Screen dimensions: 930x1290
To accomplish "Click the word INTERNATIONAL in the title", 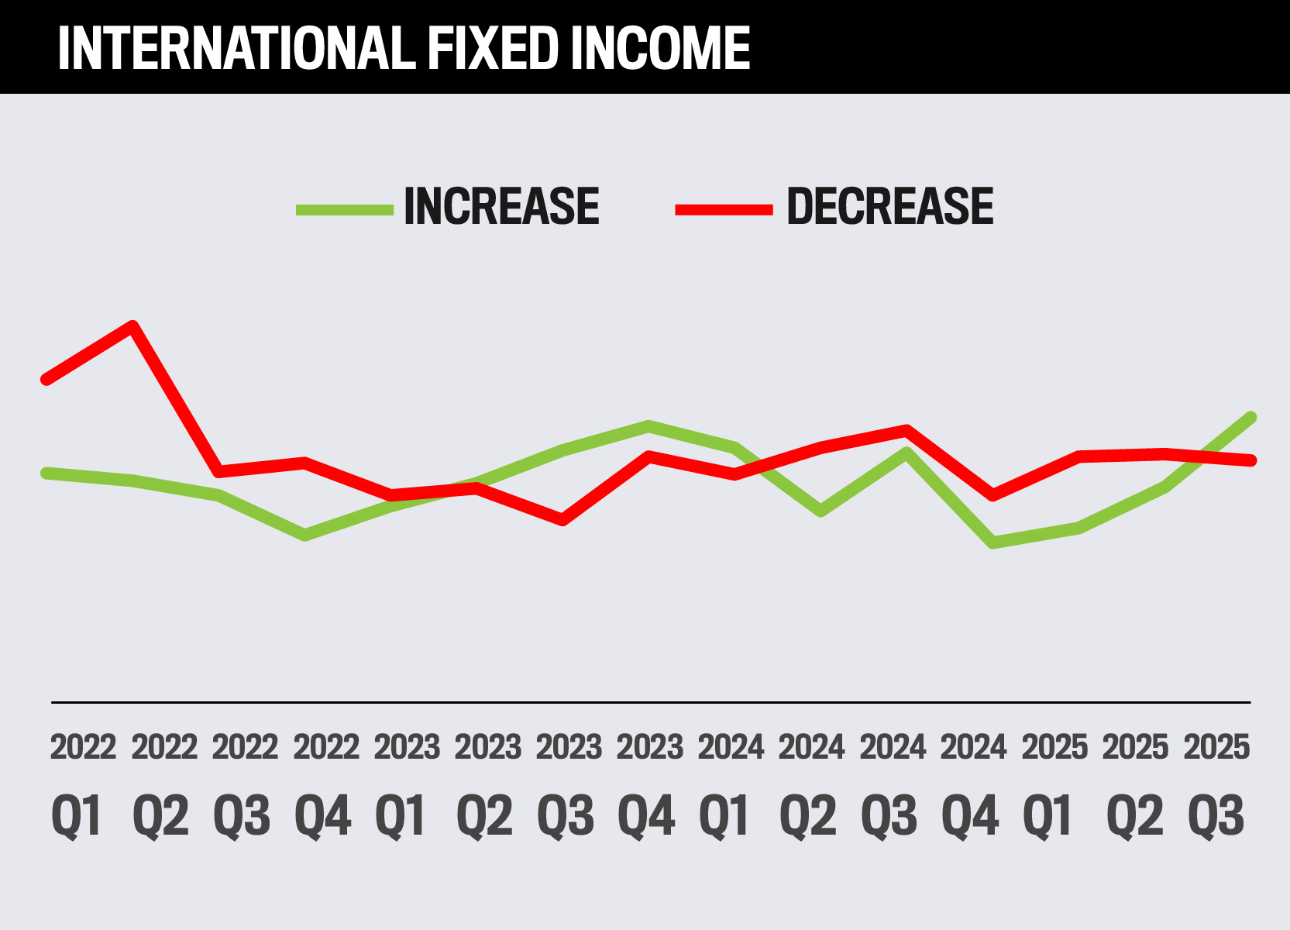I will (232, 48).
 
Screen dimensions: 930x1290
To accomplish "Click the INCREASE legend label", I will (501, 207).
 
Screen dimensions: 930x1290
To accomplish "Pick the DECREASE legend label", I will (889, 207).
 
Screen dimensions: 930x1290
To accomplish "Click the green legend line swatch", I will (344, 209).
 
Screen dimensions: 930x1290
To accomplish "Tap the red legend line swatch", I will (724, 209).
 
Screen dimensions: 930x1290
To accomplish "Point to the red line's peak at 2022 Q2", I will (133, 325).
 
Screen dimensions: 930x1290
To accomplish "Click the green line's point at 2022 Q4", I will (305, 535).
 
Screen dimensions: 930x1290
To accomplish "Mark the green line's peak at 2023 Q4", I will (648, 425).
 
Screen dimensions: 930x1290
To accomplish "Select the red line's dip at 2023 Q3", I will (562, 520).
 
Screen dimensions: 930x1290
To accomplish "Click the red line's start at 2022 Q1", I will (46, 380).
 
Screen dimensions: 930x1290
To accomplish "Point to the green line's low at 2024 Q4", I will (992, 542).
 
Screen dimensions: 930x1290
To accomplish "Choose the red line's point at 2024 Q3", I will (906, 429).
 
